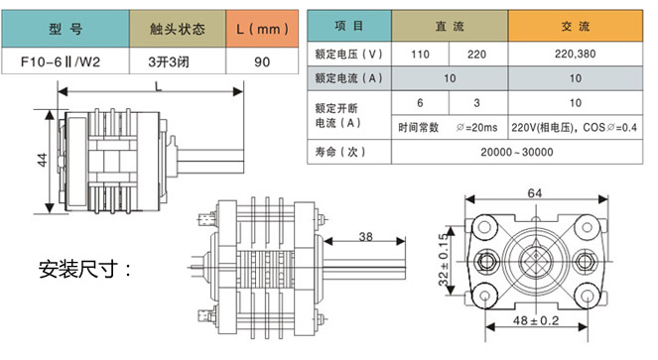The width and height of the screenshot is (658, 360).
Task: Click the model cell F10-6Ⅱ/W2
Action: click(66, 61)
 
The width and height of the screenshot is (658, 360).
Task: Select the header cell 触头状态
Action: click(178, 29)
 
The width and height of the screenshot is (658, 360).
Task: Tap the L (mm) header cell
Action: click(262, 29)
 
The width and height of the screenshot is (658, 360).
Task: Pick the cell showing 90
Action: click(262, 61)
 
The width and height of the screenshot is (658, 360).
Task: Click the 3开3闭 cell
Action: click(178, 61)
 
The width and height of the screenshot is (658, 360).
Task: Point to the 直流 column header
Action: click(450, 26)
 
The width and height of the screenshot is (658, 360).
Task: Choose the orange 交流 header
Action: click(576, 26)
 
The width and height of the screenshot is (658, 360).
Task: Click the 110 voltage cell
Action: click(420, 54)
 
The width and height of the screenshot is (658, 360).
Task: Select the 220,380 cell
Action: click(576, 54)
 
